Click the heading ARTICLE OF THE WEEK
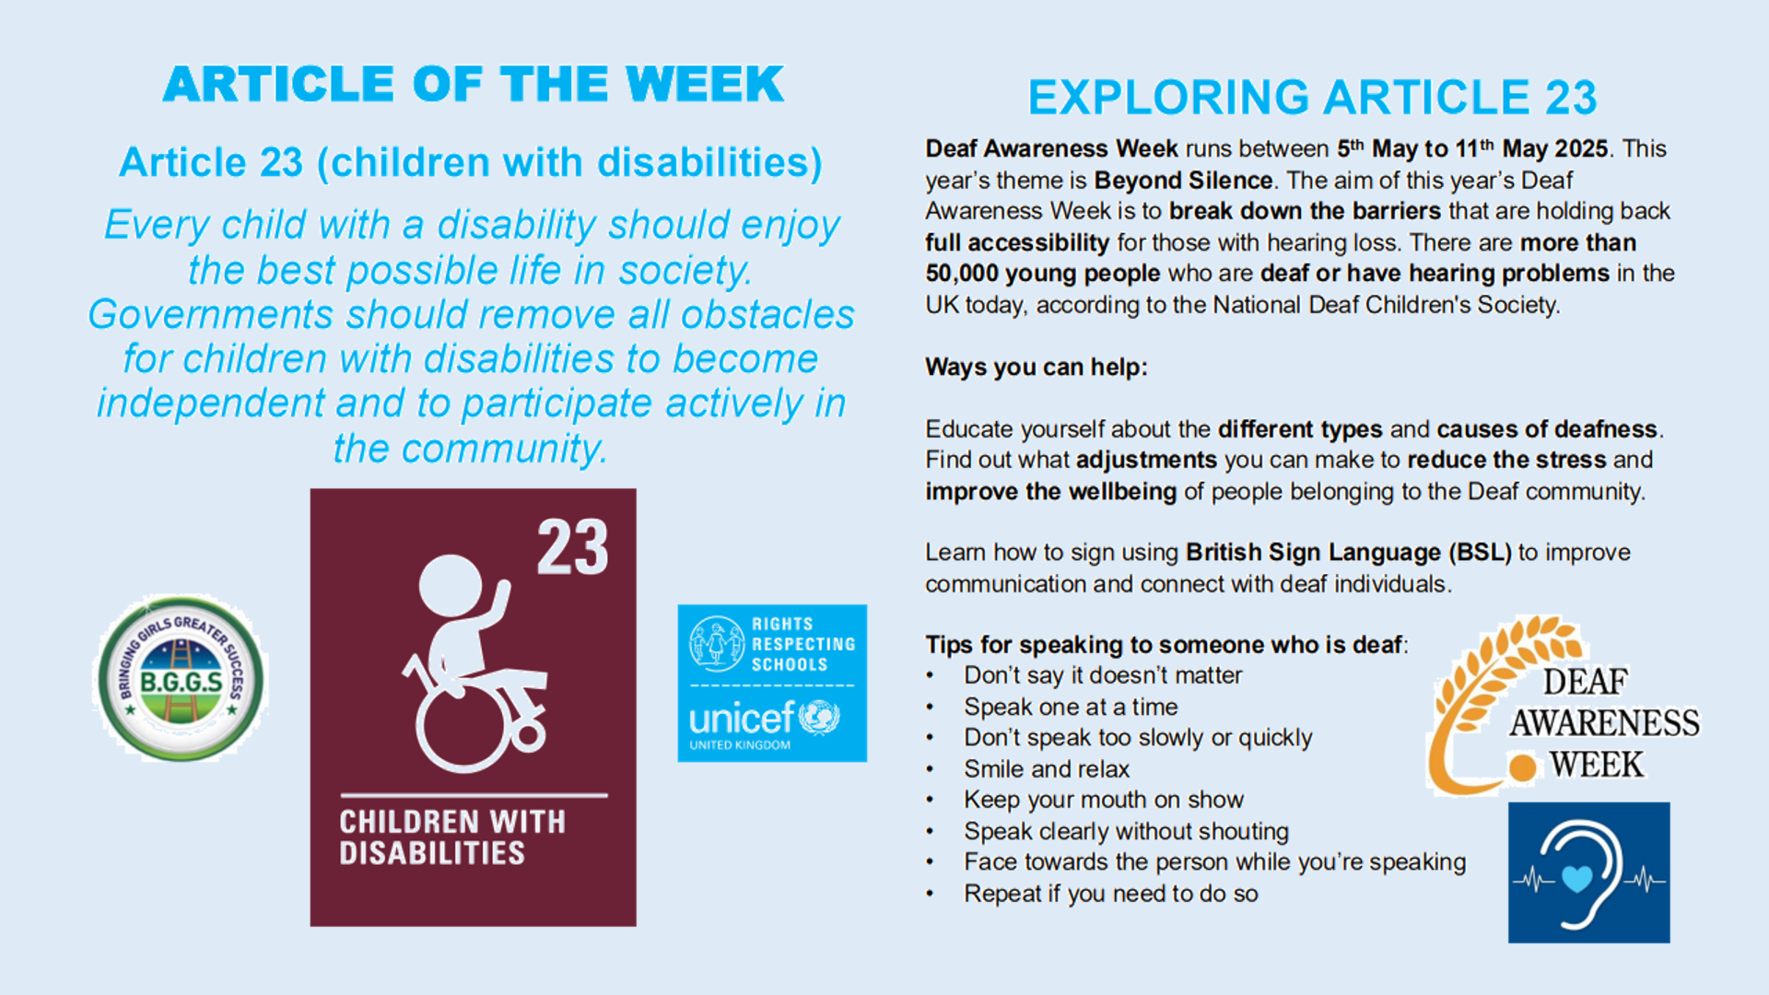click(x=474, y=85)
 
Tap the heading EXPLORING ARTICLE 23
click(x=1312, y=98)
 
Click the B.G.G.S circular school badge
click(x=181, y=678)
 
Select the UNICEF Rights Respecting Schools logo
click(x=772, y=683)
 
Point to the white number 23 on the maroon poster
click(x=573, y=547)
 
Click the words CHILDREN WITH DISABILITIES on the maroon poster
click(x=452, y=837)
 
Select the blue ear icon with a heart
click(x=1588, y=872)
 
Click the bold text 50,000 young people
click(x=1043, y=274)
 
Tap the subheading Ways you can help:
click(x=1037, y=367)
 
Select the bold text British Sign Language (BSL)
click(x=1349, y=553)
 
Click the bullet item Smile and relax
click(x=1047, y=769)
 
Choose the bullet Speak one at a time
click(x=1071, y=707)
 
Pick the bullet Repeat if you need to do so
click(x=1111, y=894)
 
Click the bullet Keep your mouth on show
click(x=1104, y=800)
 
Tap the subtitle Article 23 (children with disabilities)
click(x=471, y=163)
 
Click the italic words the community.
click(x=470, y=449)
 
